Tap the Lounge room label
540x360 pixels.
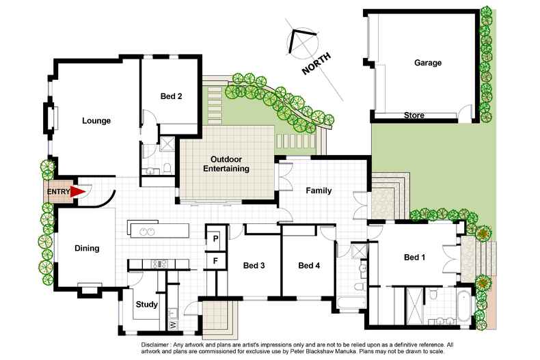96,121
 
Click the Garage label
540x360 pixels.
427,63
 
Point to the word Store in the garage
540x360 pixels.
414,115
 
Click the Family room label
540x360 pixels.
319,191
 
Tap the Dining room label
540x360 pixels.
87,249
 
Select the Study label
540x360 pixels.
147,305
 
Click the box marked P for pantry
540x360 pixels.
215,239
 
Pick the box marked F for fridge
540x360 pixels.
215,261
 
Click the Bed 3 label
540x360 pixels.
254,266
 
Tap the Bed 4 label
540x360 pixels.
309,266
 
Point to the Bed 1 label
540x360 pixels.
415,258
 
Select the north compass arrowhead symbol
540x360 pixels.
299,40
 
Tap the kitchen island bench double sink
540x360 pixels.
147,231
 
